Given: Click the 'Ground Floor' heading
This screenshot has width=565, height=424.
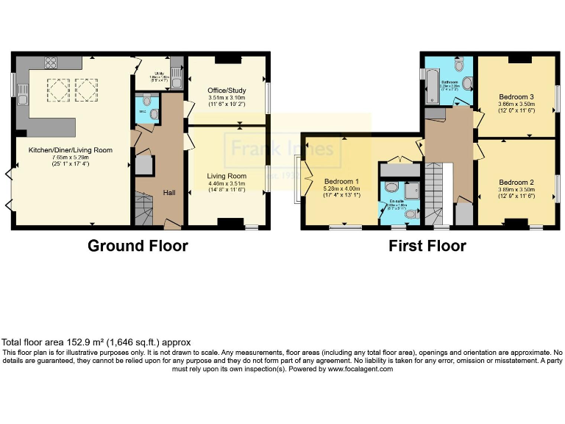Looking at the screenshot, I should (x=138, y=246).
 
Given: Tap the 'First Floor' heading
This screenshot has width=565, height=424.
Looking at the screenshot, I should (x=427, y=246).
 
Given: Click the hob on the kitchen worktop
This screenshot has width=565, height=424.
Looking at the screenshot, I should (x=51, y=63).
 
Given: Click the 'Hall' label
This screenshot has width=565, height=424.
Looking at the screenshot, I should (x=169, y=193).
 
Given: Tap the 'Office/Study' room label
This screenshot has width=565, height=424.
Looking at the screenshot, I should (x=227, y=91).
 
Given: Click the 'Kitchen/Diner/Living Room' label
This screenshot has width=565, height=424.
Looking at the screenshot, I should (x=71, y=149).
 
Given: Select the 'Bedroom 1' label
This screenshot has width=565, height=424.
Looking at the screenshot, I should (x=341, y=181).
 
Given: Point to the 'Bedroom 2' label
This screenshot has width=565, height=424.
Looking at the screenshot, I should (x=516, y=182).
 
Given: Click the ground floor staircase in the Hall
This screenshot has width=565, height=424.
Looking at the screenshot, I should (x=143, y=206).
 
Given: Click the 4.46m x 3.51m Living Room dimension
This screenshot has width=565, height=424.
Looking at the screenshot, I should (x=226, y=184).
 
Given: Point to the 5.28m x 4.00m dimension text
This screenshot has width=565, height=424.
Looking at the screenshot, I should (x=341, y=188).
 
